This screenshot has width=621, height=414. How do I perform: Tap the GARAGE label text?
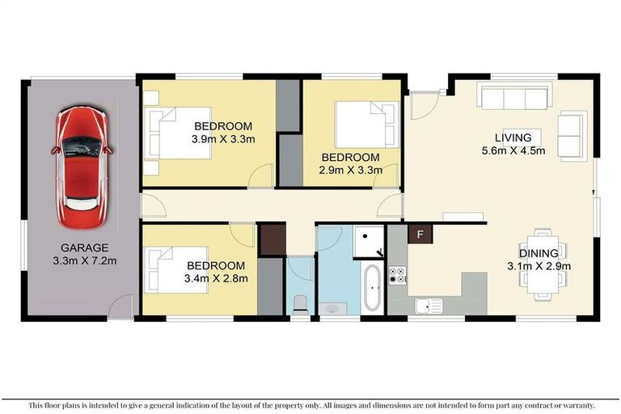[84, 247]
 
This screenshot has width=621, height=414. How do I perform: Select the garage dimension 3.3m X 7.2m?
[84, 260]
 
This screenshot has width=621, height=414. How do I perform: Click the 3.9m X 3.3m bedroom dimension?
[223, 139]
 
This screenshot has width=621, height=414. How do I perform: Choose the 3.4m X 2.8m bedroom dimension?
[215, 278]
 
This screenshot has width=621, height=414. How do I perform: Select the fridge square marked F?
[419, 234]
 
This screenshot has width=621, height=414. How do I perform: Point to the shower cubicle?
[369, 240]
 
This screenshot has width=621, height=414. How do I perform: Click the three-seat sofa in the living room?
[514, 98]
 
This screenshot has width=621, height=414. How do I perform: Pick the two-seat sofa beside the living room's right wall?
[572, 136]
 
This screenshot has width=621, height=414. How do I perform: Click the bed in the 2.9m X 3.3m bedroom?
[366, 125]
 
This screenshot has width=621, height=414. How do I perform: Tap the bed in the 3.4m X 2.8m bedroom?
[165, 268]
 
